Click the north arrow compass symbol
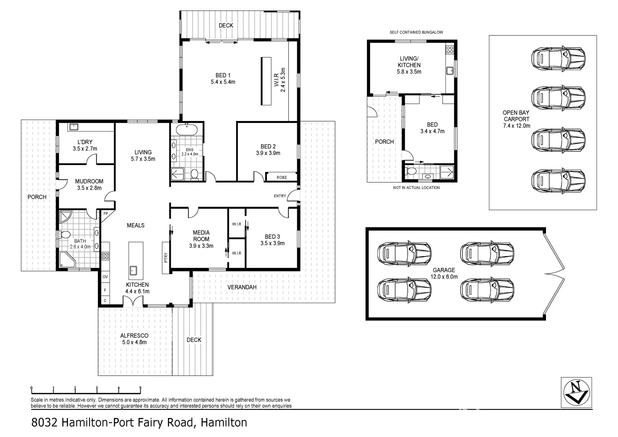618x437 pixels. pyautogui.click(x=576, y=392)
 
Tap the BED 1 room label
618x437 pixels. pyautogui.click(x=223, y=75)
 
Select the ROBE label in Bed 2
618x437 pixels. pyautogui.click(x=282, y=177)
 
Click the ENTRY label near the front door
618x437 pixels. pyautogui.click(x=280, y=196)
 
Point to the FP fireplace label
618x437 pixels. pyautogui.click(x=106, y=214)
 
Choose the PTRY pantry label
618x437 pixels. pyautogui.click(x=166, y=258)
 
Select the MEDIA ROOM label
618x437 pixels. pyautogui.click(x=201, y=235)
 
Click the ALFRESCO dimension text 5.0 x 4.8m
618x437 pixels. pyautogui.click(x=134, y=342)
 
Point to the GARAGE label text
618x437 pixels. pyautogui.click(x=444, y=270)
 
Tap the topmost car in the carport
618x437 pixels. pyautogui.click(x=558, y=58)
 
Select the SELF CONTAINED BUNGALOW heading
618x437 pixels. pyautogui.click(x=416, y=32)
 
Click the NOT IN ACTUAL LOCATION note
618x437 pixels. pyautogui.click(x=416, y=187)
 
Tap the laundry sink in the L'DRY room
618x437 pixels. pyautogui.click(x=74, y=127)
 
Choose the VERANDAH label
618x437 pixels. pyautogui.click(x=242, y=287)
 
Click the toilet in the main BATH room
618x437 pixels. pyautogui.click(x=65, y=234)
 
